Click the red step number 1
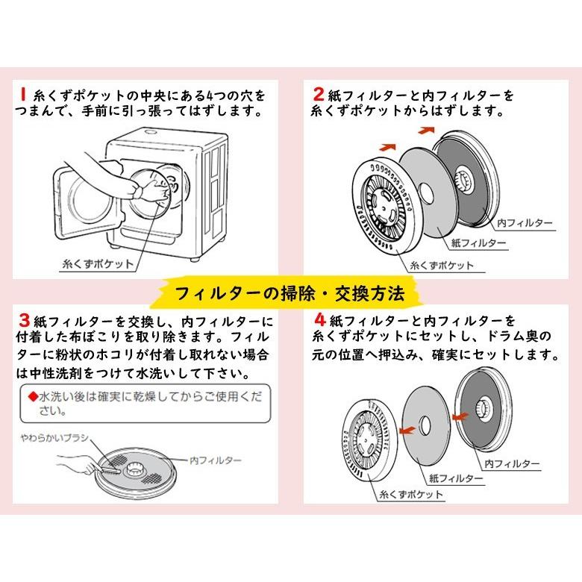22,96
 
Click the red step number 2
319,96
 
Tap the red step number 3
24,321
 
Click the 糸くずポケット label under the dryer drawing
99,263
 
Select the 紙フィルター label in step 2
479,243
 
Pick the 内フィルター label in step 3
216,460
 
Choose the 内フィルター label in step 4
513,463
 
